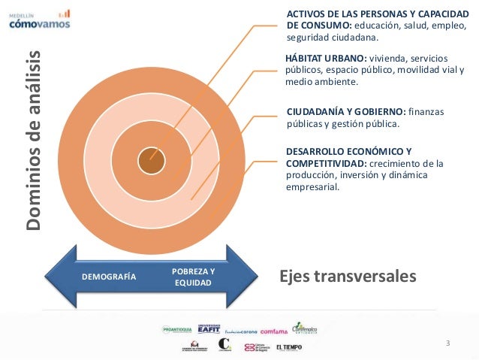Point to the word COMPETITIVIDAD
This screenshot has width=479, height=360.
point(324,163)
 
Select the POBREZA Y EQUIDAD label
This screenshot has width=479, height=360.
point(193,277)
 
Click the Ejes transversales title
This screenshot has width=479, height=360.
point(347,277)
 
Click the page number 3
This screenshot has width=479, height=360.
point(447,343)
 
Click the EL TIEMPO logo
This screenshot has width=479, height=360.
point(289,347)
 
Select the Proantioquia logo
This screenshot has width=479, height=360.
point(177,329)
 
